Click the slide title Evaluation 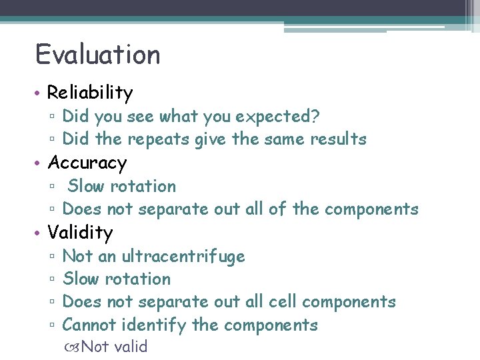pos(97,55)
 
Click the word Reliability pos(90,93)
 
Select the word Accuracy pos(87,163)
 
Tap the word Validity pos(80,233)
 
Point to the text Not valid pos(114,347)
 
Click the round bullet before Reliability pos(39,93)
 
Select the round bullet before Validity pos(39,233)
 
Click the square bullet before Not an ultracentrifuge pos(52,257)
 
